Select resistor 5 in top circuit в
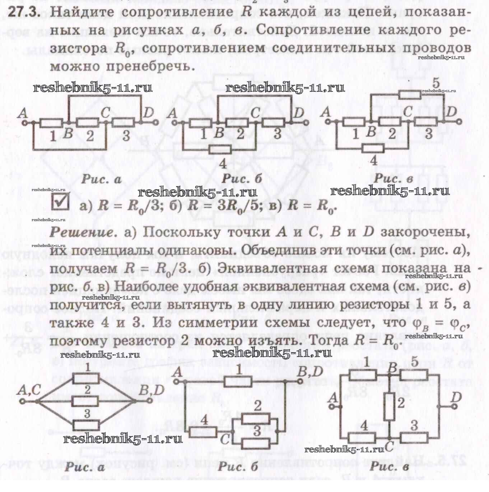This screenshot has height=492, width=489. point(410,94)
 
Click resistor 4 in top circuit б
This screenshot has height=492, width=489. point(219,149)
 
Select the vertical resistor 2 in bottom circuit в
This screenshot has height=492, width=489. point(389,406)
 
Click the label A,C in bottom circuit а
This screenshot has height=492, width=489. point(29,390)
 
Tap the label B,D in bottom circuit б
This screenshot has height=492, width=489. point(311,372)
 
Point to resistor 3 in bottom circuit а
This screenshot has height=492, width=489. point(86,425)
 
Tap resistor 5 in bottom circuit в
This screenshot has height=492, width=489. point(413,375)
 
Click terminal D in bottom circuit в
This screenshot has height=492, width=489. point(455,406)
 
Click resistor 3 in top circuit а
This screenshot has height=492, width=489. point(124,123)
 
